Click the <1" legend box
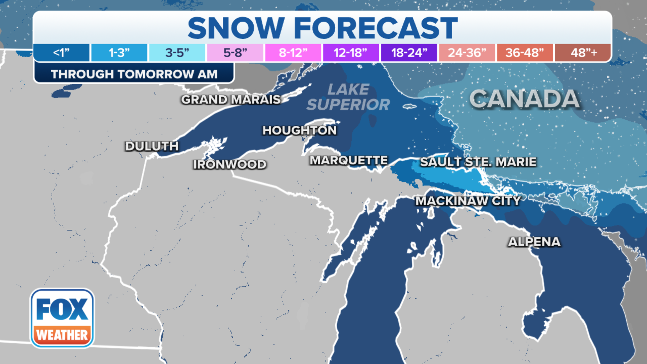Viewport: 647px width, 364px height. click(x=61, y=53)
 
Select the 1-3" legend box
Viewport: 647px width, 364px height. click(x=119, y=53)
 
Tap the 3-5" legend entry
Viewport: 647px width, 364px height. click(x=177, y=53)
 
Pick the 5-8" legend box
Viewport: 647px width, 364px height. click(x=235, y=53)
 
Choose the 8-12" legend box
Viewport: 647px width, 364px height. click(x=293, y=53)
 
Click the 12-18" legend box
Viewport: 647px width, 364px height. click(x=351, y=53)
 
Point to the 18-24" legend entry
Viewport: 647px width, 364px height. click(x=409, y=53)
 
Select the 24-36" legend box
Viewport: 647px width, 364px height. click(x=467, y=53)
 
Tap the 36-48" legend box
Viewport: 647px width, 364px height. click(x=525, y=53)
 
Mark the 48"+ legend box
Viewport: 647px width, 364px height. click(x=583, y=53)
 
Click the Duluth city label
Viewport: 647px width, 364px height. click(x=152, y=146)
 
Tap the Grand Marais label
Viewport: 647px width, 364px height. click(x=231, y=99)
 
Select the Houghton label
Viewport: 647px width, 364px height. click(x=300, y=130)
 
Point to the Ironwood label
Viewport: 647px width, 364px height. click(x=230, y=164)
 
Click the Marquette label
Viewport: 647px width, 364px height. click(x=349, y=160)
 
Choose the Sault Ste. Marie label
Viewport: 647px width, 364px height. click(x=478, y=162)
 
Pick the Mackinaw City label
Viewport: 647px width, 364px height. click(x=468, y=201)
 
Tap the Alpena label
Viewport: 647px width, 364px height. click(x=534, y=242)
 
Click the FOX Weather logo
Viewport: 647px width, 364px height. click(x=62, y=318)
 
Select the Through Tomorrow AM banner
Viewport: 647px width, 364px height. click(x=134, y=74)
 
